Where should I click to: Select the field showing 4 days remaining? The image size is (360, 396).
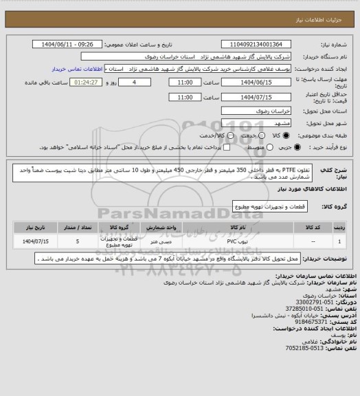click(x=143, y=81)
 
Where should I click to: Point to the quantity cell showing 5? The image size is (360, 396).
click(x=78, y=241)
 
